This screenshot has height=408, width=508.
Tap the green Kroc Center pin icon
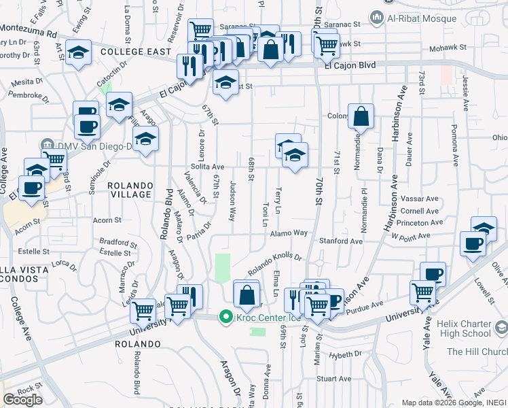[x=224, y=317]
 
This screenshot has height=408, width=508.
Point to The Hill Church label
[x=476, y=352]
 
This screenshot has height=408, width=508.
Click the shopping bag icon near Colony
[x=361, y=117]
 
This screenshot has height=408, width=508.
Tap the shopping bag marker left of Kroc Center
[x=246, y=294]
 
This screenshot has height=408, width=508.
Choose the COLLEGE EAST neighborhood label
[x=130, y=52]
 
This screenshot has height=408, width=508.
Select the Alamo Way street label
[x=289, y=233]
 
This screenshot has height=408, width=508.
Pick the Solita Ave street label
[x=207, y=167]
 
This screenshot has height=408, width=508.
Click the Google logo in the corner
[x=22, y=399]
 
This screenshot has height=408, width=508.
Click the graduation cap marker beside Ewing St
[x=79, y=52]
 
